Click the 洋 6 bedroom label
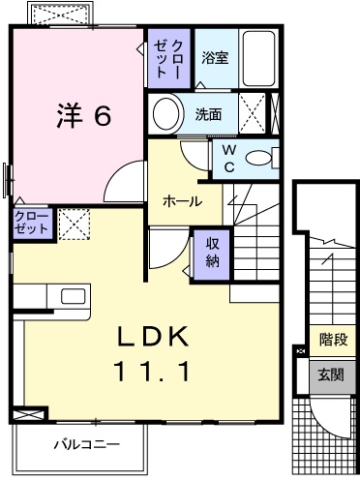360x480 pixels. pyautogui.click(x=84, y=115)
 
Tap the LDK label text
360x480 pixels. pyautogui.click(x=153, y=337)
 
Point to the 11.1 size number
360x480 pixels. pyautogui.click(x=151, y=371)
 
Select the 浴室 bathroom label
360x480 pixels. pyautogui.click(x=215, y=57)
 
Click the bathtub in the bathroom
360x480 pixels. pyautogui.click(x=258, y=58)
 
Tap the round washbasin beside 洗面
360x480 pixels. pyautogui.click(x=166, y=114)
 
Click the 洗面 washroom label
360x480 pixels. pyautogui.click(x=208, y=114)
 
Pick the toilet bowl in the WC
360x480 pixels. pyautogui.click(x=258, y=158)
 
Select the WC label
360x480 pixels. pyautogui.click(x=229, y=158)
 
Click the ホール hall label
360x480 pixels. pyautogui.click(x=182, y=201)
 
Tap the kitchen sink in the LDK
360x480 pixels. pyautogui.click(x=74, y=296)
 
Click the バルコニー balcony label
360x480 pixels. pyautogui.click(x=86, y=445)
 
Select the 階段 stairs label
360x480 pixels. pyautogui.click(x=333, y=340)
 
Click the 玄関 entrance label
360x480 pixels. pyautogui.click(x=331, y=375)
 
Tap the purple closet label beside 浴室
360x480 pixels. pyautogui.click(x=168, y=58)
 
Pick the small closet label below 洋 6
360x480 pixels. pyautogui.click(x=31, y=223)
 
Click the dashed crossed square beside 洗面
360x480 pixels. pyautogui.click(x=252, y=113)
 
